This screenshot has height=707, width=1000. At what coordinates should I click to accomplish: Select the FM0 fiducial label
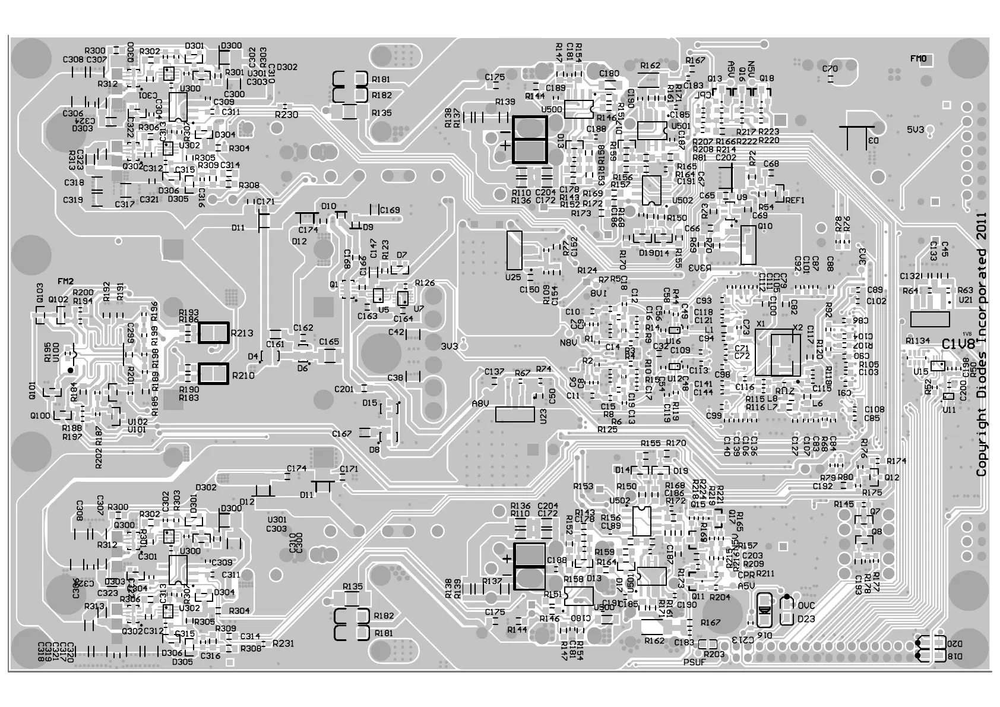tap(918, 59)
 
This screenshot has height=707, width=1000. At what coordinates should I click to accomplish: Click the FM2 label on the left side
tap(66, 281)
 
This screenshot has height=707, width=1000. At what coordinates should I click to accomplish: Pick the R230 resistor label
tap(287, 115)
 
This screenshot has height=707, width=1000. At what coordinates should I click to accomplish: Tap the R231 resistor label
tap(283, 643)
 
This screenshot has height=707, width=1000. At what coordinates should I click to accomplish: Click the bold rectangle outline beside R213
tap(213, 333)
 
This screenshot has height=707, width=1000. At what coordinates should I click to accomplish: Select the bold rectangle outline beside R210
tap(213, 374)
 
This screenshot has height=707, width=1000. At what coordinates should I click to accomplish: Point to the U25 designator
tap(512, 277)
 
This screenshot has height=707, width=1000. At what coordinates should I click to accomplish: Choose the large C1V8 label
tap(958, 345)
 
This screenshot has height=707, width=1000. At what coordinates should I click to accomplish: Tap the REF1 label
tap(795, 200)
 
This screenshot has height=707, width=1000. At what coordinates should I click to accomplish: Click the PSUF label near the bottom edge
tap(694, 662)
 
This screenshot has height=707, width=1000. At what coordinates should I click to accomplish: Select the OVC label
tap(806, 606)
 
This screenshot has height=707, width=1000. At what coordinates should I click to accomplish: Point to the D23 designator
tap(806, 618)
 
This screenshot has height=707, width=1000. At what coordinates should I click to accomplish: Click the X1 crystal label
tap(761, 324)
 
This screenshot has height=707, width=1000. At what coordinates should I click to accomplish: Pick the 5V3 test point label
tap(915, 130)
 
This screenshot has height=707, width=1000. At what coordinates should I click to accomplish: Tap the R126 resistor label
tap(425, 283)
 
